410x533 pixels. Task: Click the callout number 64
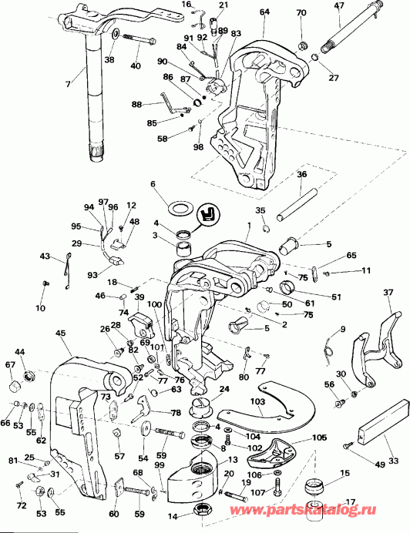[264, 12]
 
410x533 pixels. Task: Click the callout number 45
[60, 333]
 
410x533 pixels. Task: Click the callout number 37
[387, 292]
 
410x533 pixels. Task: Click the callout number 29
[76, 243]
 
